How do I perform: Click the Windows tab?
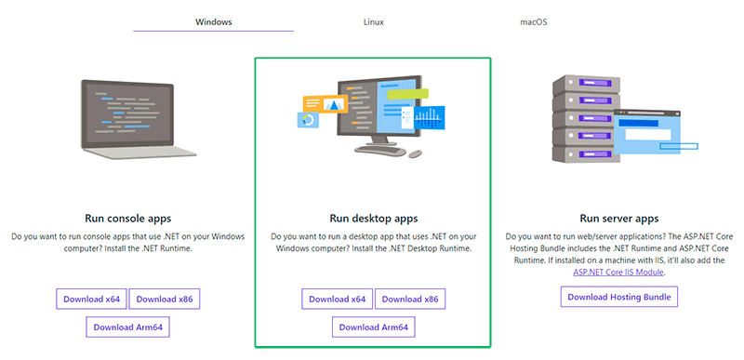click(214, 21)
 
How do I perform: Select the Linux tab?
click(374, 21)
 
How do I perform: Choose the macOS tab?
click(533, 21)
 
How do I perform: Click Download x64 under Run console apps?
click(91, 299)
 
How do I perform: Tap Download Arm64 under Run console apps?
click(127, 327)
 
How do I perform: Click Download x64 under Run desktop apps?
click(337, 299)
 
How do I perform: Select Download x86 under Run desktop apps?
click(410, 299)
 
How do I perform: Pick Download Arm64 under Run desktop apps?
click(374, 327)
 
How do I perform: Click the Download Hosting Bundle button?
click(619, 297)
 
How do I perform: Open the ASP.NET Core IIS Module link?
click(618, 273)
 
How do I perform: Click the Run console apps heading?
click(127, 219)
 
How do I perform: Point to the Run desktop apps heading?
click(374, 219)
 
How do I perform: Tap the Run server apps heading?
click(619, 219)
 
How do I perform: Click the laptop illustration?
click(134, 119)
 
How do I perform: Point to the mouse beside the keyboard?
click(415, 153)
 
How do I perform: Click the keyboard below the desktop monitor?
click(380, 150)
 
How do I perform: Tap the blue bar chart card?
click(429, 117)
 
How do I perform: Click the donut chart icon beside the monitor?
click(308, 120)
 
